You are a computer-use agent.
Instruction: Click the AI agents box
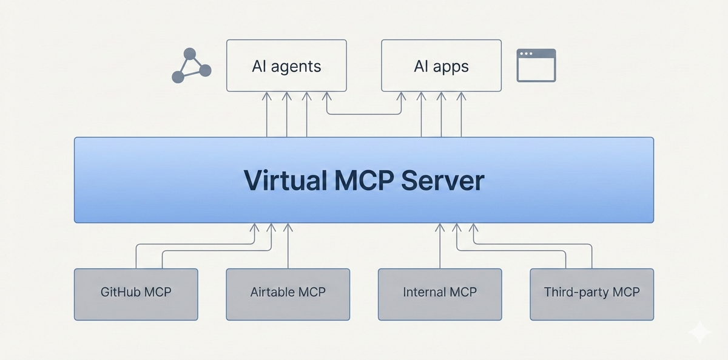pyautogui.click(x=286, y=66)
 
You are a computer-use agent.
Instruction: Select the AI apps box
pyautogui.click(x=441, y=66)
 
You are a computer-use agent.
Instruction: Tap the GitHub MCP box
pyautogui.click(x=136, y=294)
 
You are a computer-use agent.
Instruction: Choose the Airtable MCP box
pyautogui.click(x=288, y=294)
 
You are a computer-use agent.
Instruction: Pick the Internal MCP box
pyautogui.click(x=440, y=294)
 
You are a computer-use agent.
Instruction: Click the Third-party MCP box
pyautogui.click(x=591, y=294)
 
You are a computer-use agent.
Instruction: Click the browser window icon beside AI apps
pyautogui.click(x=536, y=66)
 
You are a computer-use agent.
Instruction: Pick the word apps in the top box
pyautogui.click(x=450, y=66)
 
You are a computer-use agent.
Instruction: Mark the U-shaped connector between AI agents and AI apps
pyautogui.click(x=364, y=114)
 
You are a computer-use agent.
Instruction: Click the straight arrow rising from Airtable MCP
pyautogui.click(x=288, y=246)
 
